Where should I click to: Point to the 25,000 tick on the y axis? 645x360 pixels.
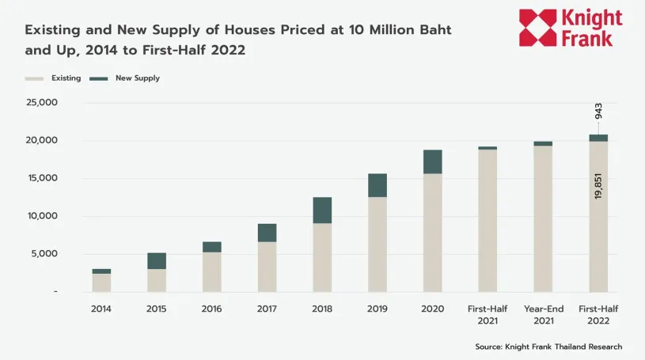42,103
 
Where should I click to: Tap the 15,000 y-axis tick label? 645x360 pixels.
42,178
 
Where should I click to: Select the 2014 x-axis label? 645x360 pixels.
101,309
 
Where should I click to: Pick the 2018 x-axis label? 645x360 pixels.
322,309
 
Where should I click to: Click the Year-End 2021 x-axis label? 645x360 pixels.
543,314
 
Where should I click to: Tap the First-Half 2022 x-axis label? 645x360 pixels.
598,314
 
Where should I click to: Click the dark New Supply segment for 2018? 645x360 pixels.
322,210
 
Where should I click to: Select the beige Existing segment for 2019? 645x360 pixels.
378,244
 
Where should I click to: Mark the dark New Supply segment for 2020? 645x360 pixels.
433,161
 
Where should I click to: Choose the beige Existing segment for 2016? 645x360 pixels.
212,272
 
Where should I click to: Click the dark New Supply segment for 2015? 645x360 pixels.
157,261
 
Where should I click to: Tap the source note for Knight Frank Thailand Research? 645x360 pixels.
548,347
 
